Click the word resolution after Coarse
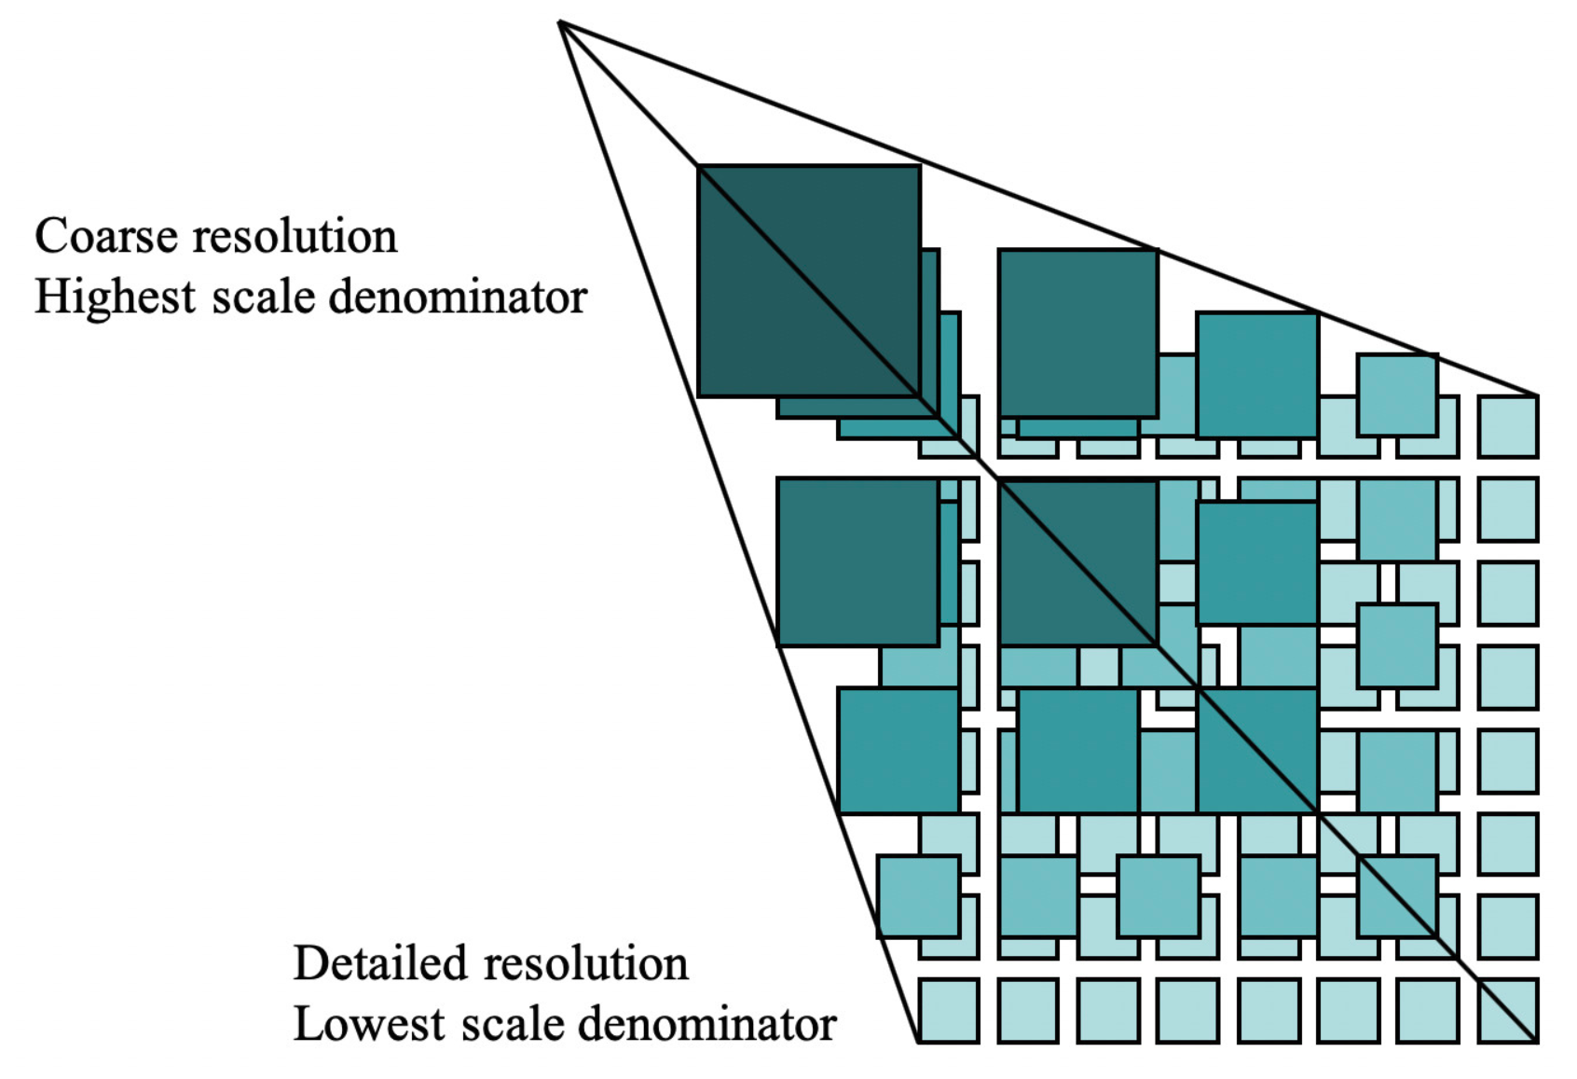pos(295,237)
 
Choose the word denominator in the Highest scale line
pos(458,297)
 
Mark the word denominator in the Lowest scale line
pos(707,1025)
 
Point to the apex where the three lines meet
pos(559,21)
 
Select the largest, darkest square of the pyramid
pos(808,281)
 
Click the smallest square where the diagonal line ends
pos(1507,1010)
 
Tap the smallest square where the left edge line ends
pos(949,1010)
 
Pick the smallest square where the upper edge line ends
pos(1507,426)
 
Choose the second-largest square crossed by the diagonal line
pos(1077,562)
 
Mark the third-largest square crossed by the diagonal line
pos(1256,750)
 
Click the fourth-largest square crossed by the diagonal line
pos(1396,895)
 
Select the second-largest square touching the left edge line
pos(857,562)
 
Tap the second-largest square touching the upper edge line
pos(1077,333)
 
